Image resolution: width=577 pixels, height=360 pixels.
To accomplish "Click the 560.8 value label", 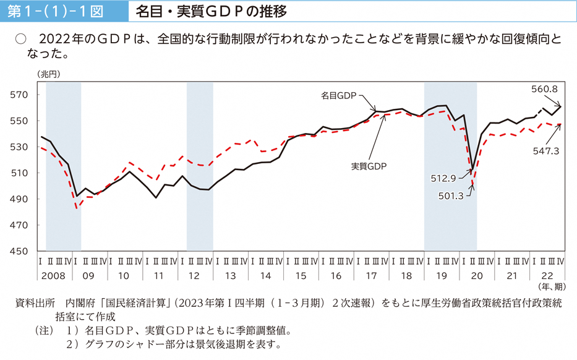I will pos(544,89).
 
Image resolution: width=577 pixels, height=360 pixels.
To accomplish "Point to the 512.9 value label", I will pos(443,178).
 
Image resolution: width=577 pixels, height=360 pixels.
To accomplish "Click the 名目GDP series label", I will pos(339,96).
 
